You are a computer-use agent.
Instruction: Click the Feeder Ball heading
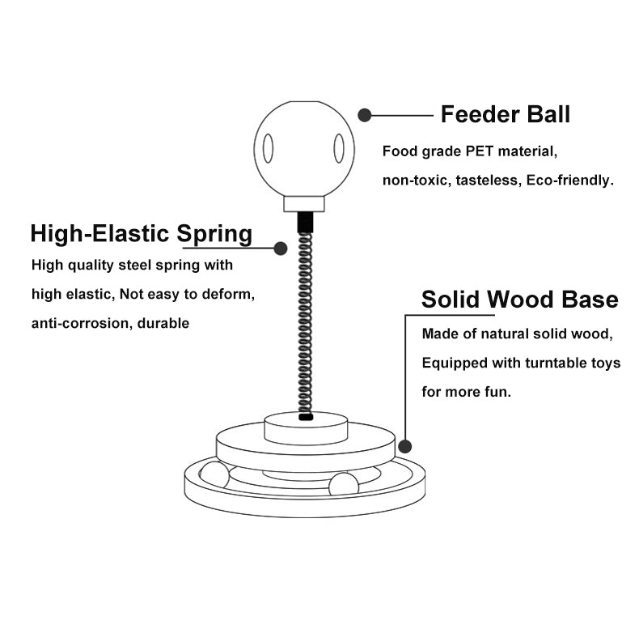point(505,115)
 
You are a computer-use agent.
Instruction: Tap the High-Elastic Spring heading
point(142,234)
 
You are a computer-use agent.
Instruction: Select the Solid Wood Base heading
point(519,300)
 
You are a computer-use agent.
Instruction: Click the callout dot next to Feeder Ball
point(365,116)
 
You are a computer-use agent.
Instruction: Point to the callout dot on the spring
point(281,248)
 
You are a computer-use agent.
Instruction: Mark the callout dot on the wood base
point(406,445)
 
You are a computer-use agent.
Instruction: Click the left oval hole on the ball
point(268,149)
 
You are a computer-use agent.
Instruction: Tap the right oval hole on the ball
point(339,148)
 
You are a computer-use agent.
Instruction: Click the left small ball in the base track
point(214,476)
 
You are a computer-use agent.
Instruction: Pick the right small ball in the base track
point(343,485)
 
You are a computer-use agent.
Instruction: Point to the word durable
point(163,323)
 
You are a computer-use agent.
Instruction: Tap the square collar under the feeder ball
point(304,203)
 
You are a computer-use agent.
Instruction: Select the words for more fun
point(466,392)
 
